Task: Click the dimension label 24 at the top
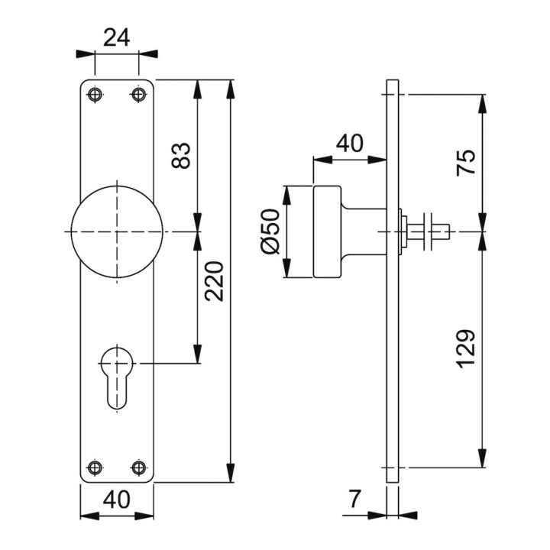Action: [x=117, y=36]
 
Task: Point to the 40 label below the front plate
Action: [x=116, y=500]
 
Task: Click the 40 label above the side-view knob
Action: [x=349, y=142]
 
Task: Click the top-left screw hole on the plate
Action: [x=95, y=94]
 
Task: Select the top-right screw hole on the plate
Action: [x=138, y=94]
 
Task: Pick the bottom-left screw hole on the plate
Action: [x=95, y=467]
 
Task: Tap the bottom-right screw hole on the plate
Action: [x=138, y=467]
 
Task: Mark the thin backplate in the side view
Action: [x=393, y=344]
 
